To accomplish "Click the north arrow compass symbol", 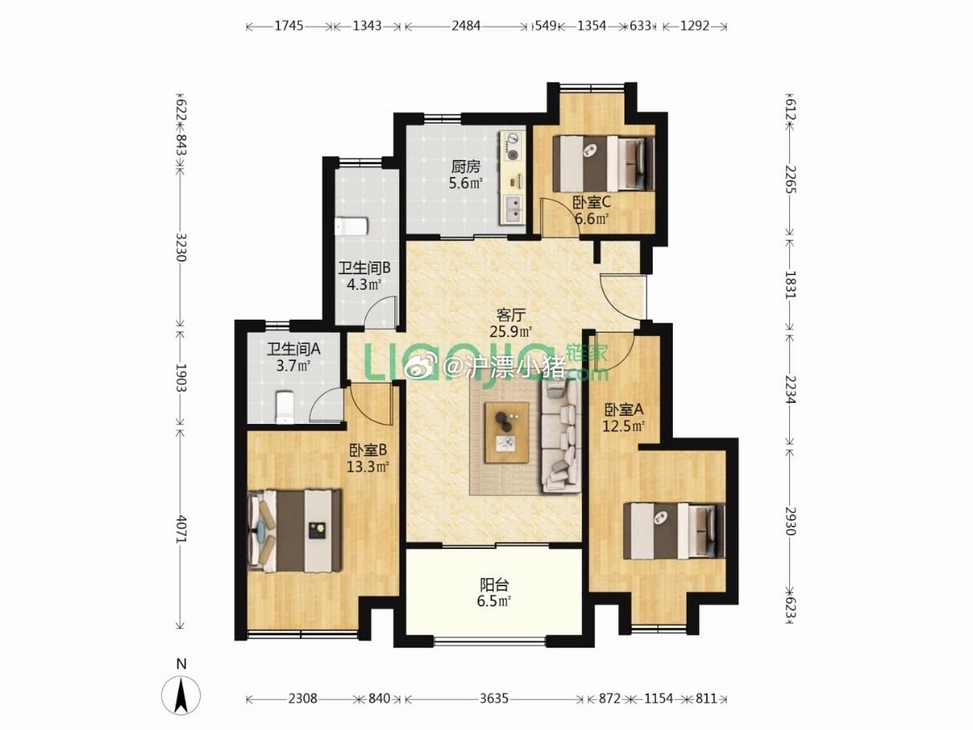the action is (181, 695).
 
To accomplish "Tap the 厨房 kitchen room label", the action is (466, 167).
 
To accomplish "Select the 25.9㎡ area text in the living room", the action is (511, 331).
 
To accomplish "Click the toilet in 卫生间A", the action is (285, 407).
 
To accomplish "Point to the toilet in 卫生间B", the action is (352, 227).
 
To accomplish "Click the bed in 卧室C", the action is (603, 163).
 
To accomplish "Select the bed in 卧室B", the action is (294, 531).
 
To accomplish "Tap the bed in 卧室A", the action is (674, 531).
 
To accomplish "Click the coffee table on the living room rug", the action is (507, 432).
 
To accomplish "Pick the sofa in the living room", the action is (562, 436).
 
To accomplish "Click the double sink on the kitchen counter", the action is (513, 209).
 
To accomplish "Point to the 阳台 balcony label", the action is (495, 585).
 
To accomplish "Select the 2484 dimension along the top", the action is (466, 26).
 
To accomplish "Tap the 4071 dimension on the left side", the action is (181, 528).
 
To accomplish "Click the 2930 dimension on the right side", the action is (790, 520).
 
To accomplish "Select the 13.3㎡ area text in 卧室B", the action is (368, 467).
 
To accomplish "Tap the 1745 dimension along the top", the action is (289, 26).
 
